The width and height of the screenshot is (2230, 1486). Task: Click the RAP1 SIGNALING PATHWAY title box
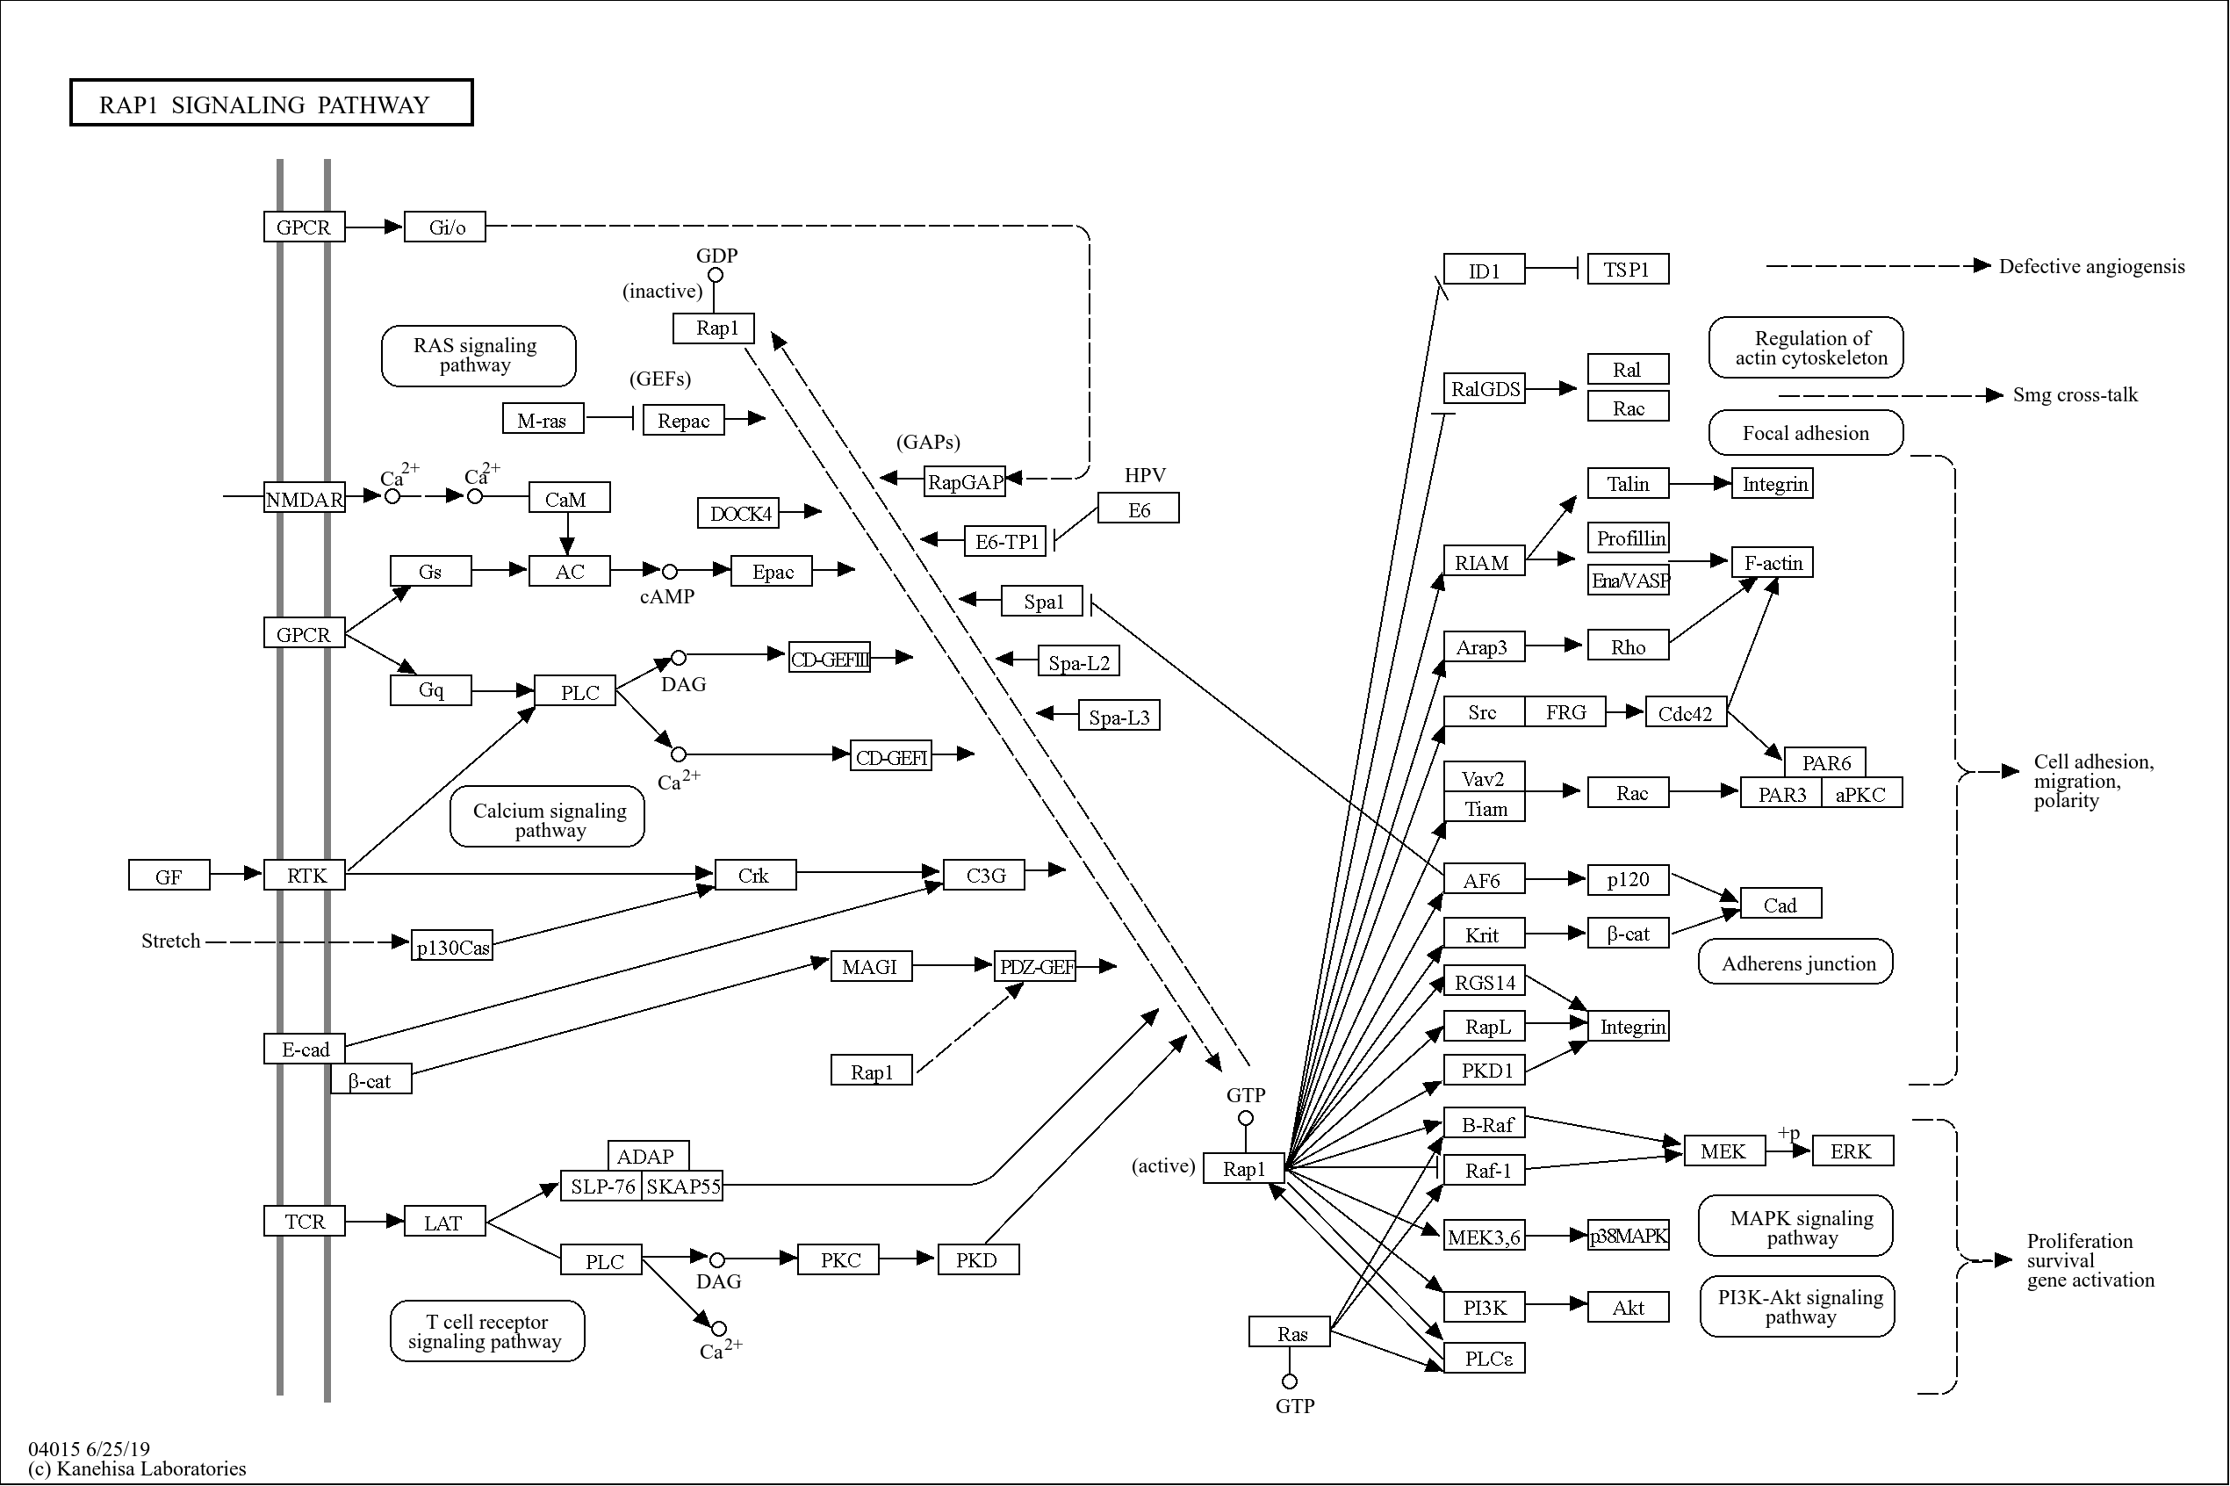click(x=271, y=103)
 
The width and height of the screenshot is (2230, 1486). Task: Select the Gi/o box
click(x=444, y=227)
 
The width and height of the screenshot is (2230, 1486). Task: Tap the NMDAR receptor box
click(x=304, y=498)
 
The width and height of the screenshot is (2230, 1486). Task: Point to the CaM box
click(x=568, y=498)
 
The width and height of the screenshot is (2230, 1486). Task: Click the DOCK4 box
click(x=738, y=513)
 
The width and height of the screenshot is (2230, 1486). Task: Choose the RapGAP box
click(x=964, y=481)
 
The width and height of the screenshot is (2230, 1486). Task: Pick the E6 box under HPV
click(x=1138, y=509)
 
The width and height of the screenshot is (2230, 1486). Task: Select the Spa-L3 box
click(x=1118, y=716)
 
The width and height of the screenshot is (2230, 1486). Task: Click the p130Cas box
click(x=452, y=946)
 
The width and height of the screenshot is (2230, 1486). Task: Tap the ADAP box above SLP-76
click(x=648, y=1154)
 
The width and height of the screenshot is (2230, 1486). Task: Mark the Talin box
click(x=1627, y=483)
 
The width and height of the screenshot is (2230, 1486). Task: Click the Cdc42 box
click(x=1686, y=712)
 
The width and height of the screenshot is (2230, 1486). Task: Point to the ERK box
click(x=1851, y=1151)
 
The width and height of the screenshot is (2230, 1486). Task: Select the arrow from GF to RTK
click(x=236, y=873)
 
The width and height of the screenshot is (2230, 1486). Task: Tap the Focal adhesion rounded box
click(x=1805, y=433)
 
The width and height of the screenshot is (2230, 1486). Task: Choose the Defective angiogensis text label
click(x=2090, y=266)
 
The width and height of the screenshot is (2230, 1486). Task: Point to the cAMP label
click(x=667, y=596)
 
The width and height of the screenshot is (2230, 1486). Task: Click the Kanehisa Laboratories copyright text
click(x=137, y=1468)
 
